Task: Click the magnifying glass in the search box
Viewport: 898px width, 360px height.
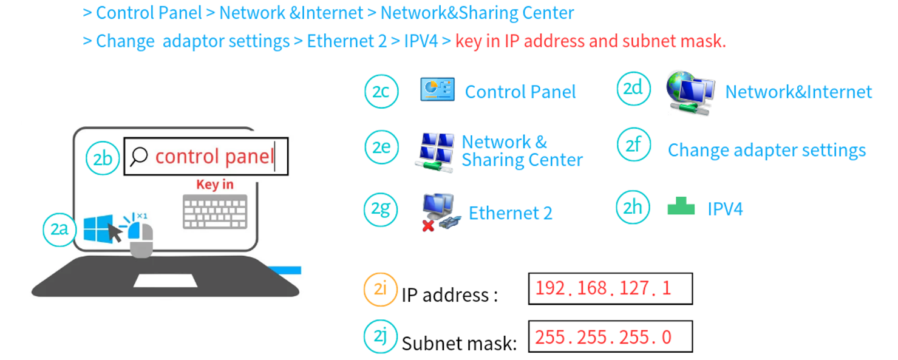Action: point(138,157)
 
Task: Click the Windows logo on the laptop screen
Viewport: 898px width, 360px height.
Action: point(98,229)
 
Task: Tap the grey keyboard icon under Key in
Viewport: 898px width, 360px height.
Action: point(215,212)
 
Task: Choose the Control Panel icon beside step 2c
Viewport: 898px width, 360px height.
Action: point(437,89)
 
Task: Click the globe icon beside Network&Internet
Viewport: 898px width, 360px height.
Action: point(690,93)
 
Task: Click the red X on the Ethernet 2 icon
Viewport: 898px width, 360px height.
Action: point(428,226)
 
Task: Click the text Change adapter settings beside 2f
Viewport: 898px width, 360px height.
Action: point(766,151)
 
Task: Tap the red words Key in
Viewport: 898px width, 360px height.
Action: point(215,185)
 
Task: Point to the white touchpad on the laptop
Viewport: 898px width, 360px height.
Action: point(166,280)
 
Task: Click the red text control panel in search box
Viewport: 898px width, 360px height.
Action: point(214,157)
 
